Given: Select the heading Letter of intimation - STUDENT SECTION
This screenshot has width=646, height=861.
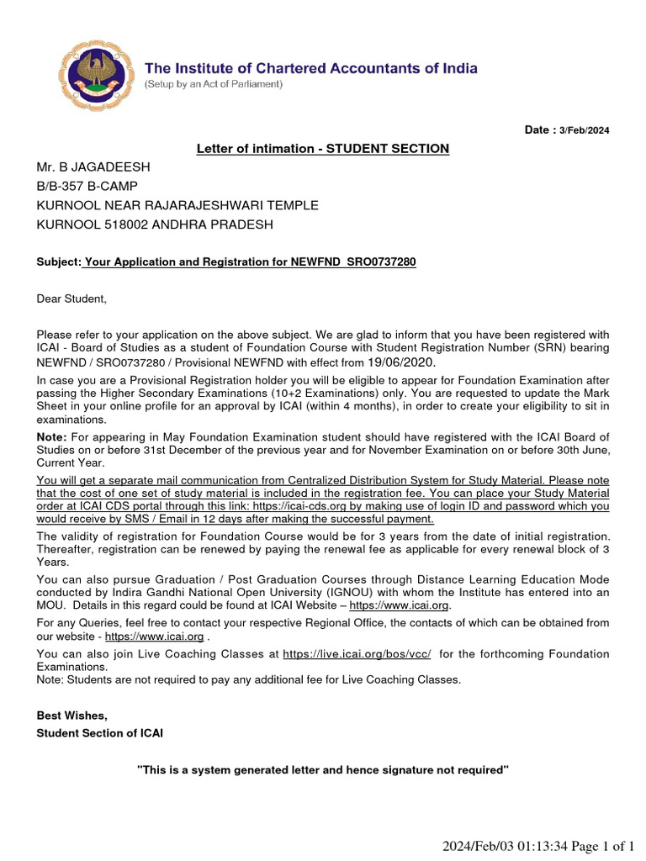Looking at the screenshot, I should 323,149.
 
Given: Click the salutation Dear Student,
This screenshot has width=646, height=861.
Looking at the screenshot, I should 71,298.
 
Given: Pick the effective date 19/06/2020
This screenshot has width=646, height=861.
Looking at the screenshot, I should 401,362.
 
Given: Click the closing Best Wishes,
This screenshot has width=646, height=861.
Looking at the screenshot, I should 72,716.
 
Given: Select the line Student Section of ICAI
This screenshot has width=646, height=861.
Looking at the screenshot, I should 99,733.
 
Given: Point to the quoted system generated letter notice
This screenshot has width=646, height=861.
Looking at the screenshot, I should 323,770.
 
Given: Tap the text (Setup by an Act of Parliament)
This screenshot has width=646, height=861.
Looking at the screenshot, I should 214,85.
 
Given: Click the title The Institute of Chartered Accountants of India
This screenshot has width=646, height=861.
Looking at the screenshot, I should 311,68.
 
